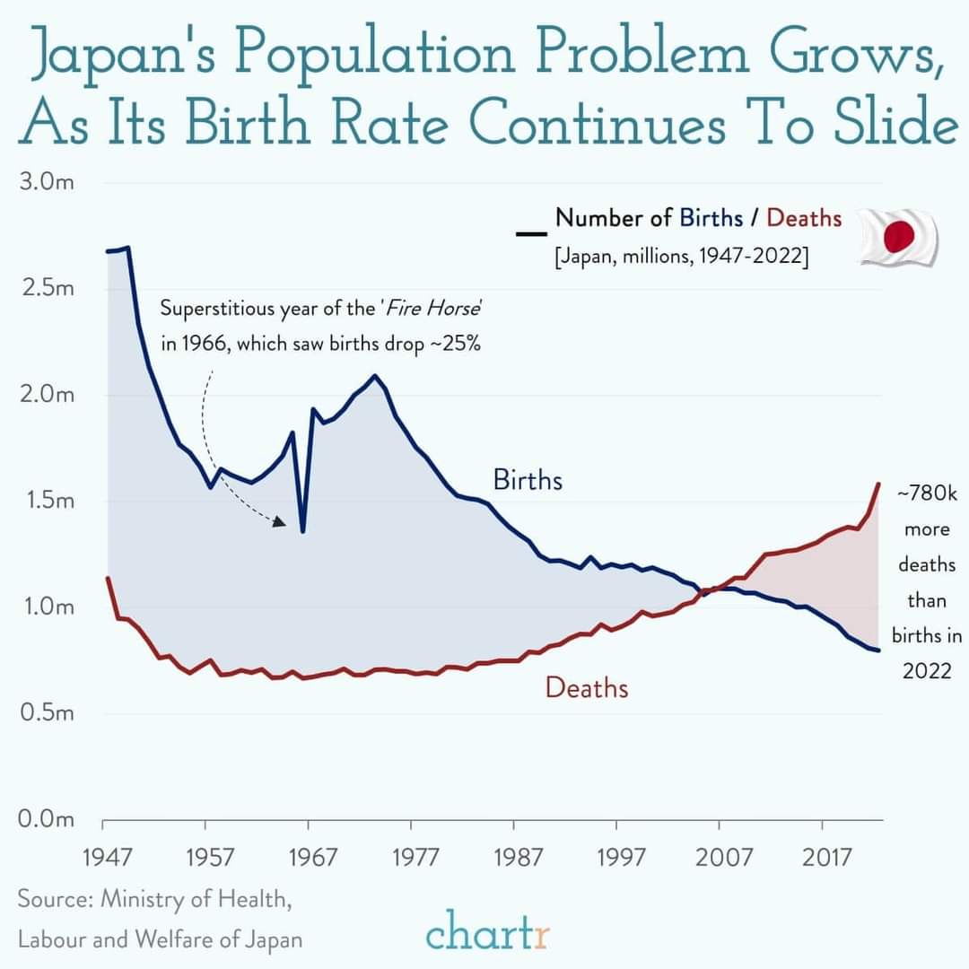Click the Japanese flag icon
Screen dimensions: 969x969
point(898,237)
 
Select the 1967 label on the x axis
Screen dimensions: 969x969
point(310,858)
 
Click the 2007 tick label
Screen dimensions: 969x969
point(723,858)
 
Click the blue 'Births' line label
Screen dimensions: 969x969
point(528,480)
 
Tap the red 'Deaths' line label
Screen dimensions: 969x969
point(587,688)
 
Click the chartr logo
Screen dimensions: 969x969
point(488,930)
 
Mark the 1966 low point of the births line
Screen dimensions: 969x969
point(303,531)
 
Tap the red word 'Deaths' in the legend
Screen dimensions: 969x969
point(804,218)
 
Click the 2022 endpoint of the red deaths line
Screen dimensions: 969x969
point(878,484)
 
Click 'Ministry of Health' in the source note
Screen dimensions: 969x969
point(196,898)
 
